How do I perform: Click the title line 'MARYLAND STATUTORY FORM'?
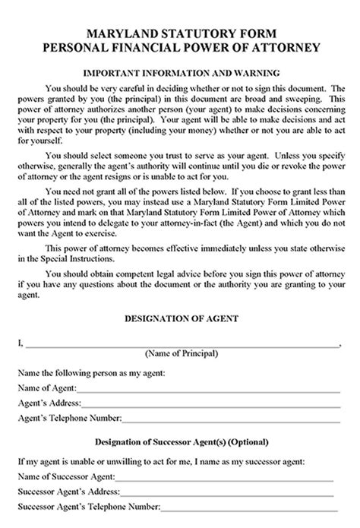click(180, 33)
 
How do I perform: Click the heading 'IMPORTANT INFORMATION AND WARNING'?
click(180, 72)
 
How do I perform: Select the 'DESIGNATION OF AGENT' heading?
click(180, 318)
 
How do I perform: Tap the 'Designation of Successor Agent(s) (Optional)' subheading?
click(180, 442)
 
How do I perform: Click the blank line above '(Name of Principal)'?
click(182, 344)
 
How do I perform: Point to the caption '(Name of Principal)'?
click(181, 354)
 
